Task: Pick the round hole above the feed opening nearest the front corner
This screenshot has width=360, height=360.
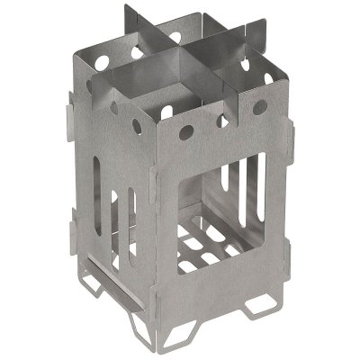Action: pyautogui.click(x=184, y=134)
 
